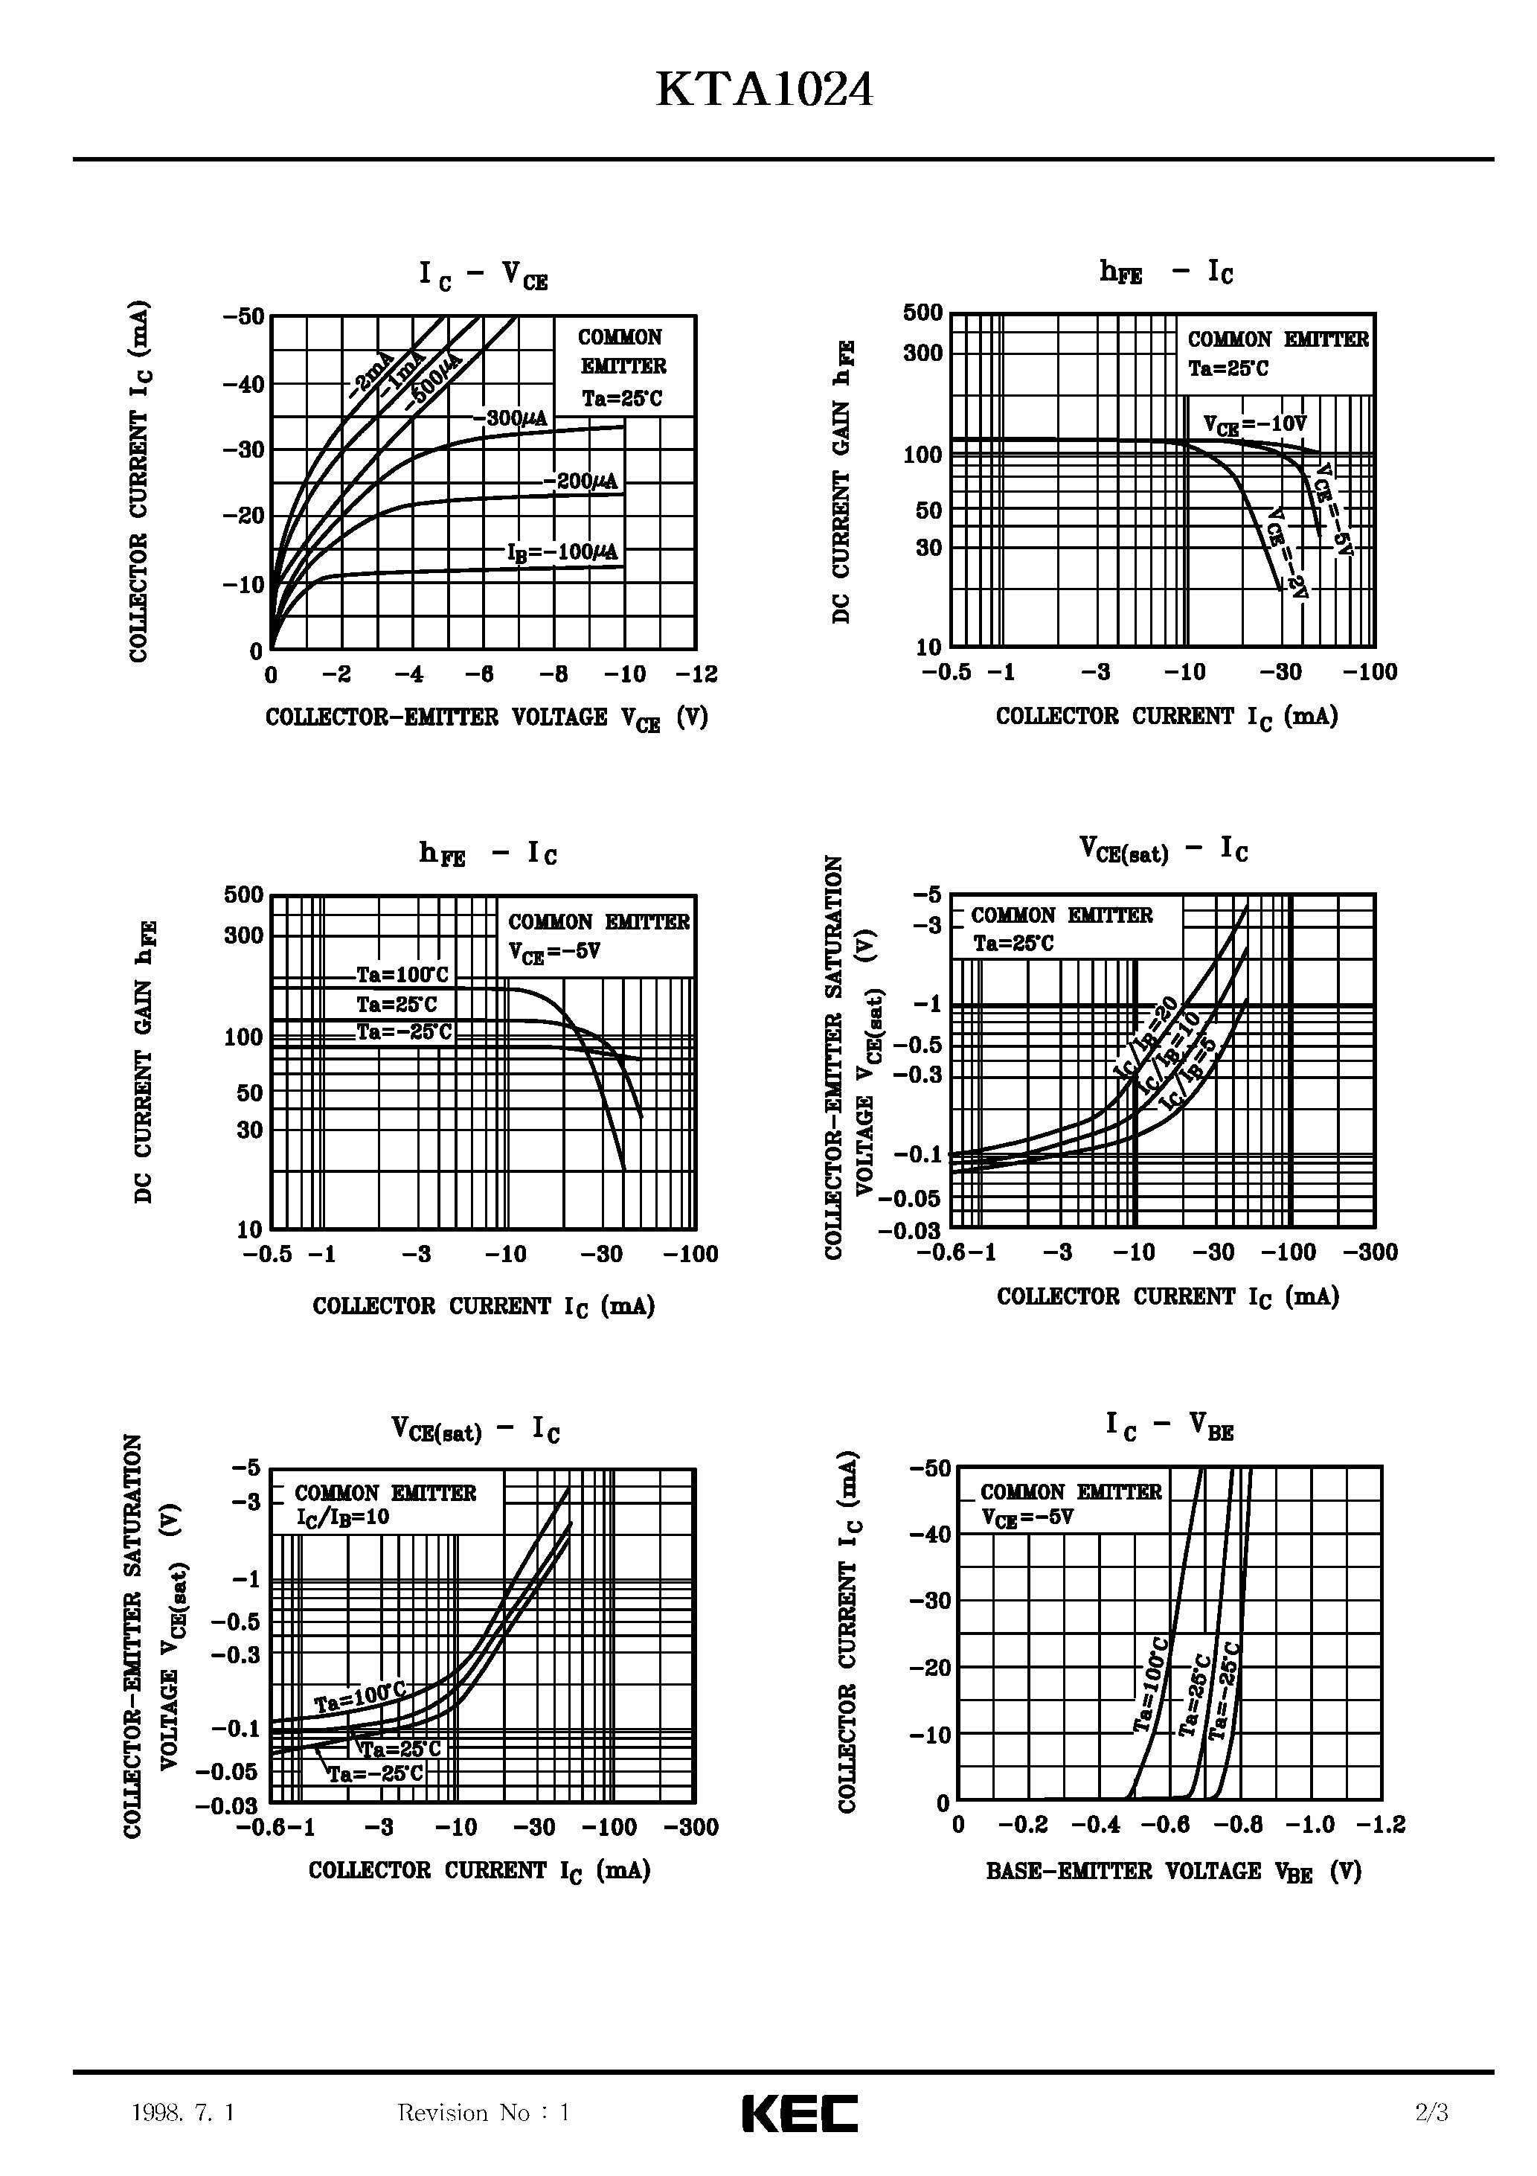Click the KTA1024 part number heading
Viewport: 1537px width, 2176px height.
765,92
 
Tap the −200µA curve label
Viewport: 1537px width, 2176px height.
580,481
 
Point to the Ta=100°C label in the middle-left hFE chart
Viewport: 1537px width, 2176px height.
402,975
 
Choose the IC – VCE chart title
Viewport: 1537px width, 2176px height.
484,275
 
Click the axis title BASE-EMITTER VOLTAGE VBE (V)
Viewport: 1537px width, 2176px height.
1173,1872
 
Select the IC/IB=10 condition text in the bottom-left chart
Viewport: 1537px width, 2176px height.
343,1517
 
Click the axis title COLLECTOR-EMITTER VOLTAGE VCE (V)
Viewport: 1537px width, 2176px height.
486,718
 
